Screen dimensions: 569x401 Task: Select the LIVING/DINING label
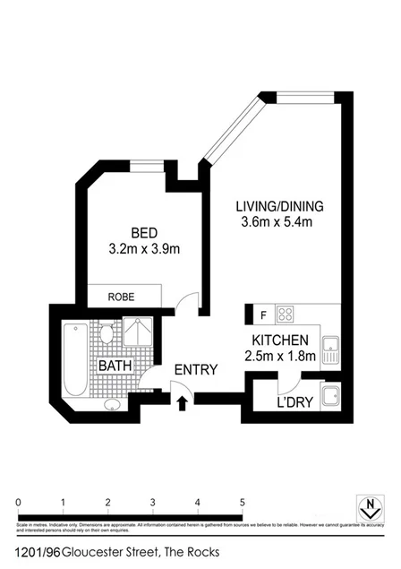click(279, 205)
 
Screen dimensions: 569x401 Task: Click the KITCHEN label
click(280, 341)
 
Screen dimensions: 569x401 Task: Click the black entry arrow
click(183, 402)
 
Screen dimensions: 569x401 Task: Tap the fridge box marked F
click(263, 315)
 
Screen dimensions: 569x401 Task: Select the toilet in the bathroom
click(107, 336)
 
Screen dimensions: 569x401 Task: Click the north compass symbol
click(366, 507)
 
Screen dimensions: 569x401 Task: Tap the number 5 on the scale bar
click(242, 501)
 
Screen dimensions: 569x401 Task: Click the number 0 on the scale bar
click(18, 501)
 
